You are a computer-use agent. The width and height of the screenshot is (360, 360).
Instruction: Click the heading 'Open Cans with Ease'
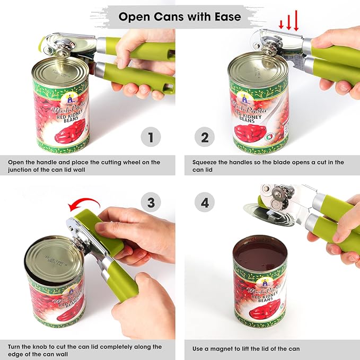pos(180,16)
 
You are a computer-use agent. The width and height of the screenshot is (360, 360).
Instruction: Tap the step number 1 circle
pos(151,138)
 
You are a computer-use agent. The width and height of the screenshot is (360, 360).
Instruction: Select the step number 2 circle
pos(205,138)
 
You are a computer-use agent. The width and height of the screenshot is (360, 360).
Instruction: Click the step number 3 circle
pos(151,202)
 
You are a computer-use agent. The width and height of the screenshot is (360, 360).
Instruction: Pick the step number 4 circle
pos(205,202)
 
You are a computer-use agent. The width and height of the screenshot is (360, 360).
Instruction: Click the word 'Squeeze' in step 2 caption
pos(206,162)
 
